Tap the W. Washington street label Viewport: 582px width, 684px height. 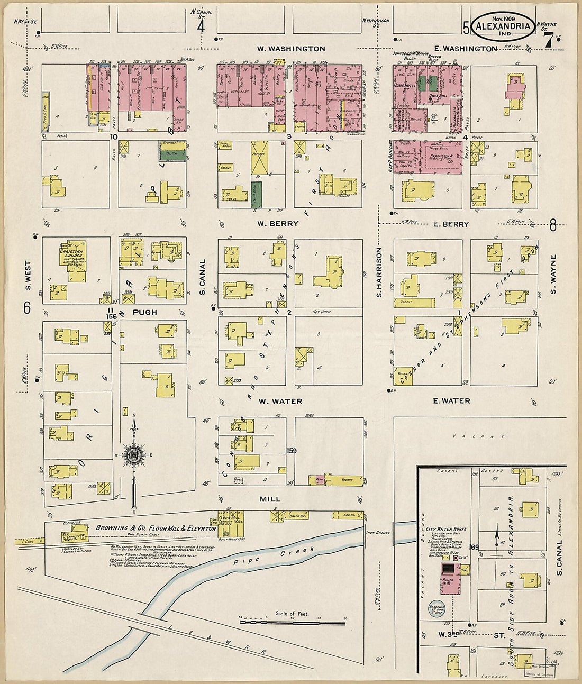point(291,49)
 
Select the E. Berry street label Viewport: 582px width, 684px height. point(451,224)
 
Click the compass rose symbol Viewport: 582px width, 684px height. point(134,454)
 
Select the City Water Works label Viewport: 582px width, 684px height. point(446,528)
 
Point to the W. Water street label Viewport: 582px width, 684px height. point(280,402)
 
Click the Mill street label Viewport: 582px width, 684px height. point(270,499)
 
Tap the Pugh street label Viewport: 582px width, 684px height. point(144,313)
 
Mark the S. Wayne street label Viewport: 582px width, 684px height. point(554,275)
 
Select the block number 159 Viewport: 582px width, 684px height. point(291,451)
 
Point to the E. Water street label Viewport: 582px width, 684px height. point(451,401)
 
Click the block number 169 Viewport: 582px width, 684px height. point(473,547)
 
